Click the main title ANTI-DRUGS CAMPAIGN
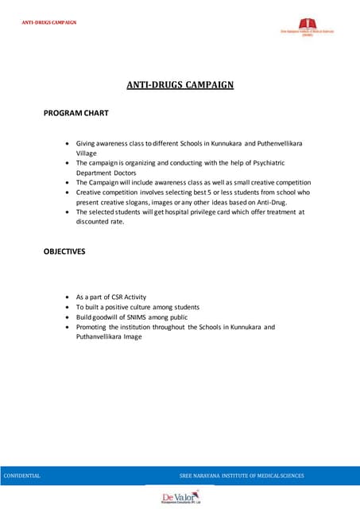pos(180,83)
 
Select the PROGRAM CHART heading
pos(75,115)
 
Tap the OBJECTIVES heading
pos(64,251)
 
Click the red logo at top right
pos(306,28)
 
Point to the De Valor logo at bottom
pos(180,497)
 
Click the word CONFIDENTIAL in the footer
pos(22,476)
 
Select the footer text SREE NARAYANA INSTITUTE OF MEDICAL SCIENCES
pos(242,476)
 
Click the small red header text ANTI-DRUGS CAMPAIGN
pos(49,21)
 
